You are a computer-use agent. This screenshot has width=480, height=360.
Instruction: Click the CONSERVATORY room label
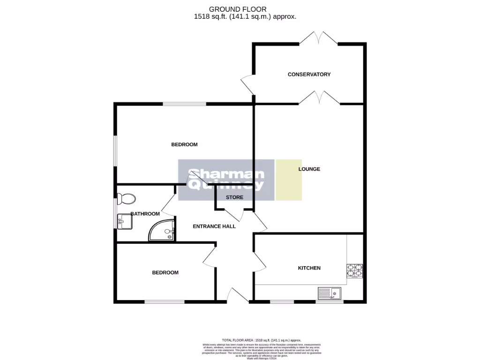pos(309,75)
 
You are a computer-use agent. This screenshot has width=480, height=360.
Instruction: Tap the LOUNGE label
pos(309,169)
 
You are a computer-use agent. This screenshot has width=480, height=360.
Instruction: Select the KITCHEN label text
pos(309,268)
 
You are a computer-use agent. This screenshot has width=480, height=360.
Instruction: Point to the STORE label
pos(234,197)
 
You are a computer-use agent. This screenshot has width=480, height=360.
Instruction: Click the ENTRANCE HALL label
pos(214,226)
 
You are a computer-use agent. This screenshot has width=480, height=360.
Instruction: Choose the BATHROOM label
pos(145,214)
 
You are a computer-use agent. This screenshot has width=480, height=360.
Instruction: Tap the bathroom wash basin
pos(125,221)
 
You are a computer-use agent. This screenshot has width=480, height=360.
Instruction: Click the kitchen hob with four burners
pos(354,270)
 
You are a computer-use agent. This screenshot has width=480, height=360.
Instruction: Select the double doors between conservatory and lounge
pos(318,97)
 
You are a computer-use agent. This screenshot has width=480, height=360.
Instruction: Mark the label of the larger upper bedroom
pos(184,144)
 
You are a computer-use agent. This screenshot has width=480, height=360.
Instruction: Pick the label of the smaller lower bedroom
pos(165,272)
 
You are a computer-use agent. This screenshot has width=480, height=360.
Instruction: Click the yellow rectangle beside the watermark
pos(289,180)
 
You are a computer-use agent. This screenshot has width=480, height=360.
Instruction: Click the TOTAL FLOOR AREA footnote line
pos(262,340)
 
